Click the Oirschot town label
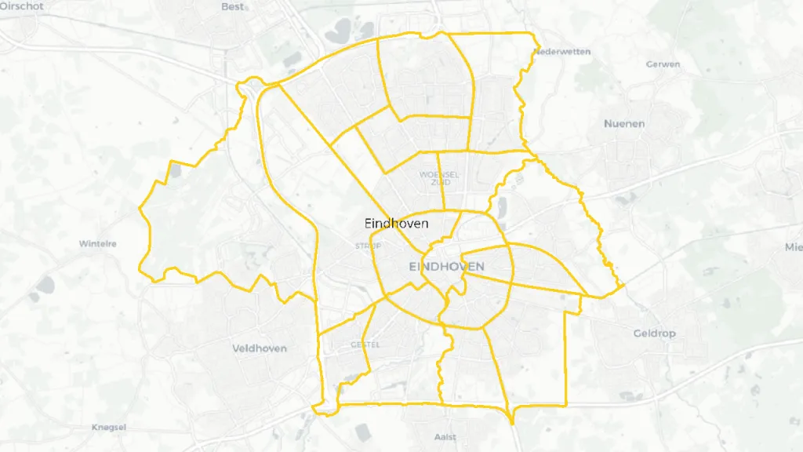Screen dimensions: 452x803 click(x=22, y=5)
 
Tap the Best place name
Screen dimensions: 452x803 click(x=233, y=6)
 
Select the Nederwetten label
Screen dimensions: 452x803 click(x=561, y=52)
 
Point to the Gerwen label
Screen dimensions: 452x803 click(x=663, y=64)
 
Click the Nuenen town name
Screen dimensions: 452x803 click(x=624, y=124)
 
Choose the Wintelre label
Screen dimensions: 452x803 click(x=97, y=244)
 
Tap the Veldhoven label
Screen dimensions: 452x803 click(x=260, y=348)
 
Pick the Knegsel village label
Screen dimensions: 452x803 click(x=109, y=428)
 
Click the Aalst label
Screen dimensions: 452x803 click(x=445, y=436)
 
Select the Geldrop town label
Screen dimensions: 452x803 click(x=654, y=334)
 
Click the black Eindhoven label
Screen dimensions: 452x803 click(x=397, y=223)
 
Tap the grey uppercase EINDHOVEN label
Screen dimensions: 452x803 click(x=446, y=267)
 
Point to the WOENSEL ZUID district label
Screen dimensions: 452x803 click(x=439, y=178)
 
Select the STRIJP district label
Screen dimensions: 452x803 click(x=368, y=246)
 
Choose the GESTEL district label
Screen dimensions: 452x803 click(x=365, y=344)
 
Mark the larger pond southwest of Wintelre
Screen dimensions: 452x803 click(x=44, y=284)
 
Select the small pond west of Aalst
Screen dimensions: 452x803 click(x=362, y=432)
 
